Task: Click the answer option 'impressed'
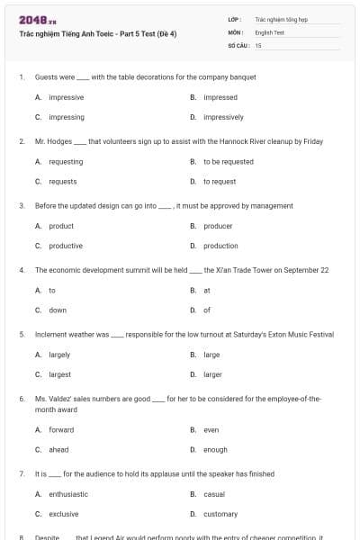pyautogui.click(x=220, y=97)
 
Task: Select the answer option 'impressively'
pyautogui.click(x=223, y=117)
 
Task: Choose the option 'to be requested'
pyautogui.click(x=228, y=162)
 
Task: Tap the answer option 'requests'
pyautogui.click(x=62, y=182)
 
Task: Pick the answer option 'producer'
pyautogui.click(x=218, y=226)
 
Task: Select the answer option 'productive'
pyautogui.click(x=66, y=246)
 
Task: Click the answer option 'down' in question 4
pyautogui.click(x=58, y=310)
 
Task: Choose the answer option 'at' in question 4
pyautogui.click(x=207, y=291)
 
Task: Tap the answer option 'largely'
pyautogui.click(x=59, y=355)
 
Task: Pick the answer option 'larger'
pyautogui.click(x=212, y=374)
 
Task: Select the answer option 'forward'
pyautogui.click(x=61, y=429)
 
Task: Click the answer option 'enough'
pyautogui.click(x=215, y=449)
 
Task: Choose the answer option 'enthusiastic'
pyautogui.click(x=68, y=494)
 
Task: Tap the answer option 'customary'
pyautogui.click(x=220, y=514)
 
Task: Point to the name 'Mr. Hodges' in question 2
pyautogui.click(x=53, y=141)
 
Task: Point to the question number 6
pyautogui.click(x=22, y=398)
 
